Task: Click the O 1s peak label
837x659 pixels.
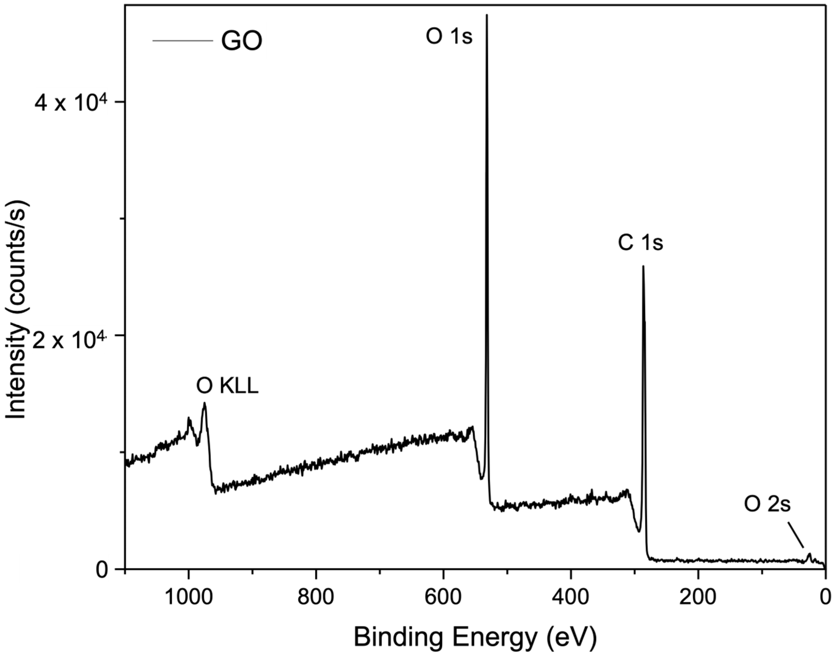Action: coord(449,37)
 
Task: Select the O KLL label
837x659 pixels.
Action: coord(227,386)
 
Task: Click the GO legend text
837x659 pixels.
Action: coord(242,42)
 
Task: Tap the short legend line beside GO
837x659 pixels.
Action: coord(183,41)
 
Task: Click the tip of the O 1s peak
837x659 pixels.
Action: coord(487,15)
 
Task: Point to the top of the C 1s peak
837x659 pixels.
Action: coord(643,266)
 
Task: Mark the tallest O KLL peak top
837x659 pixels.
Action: coord(205,404)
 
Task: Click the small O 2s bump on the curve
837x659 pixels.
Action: coord(810,554)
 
